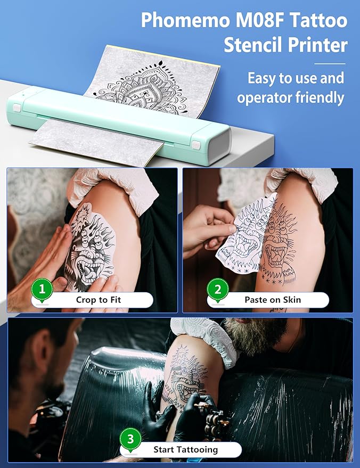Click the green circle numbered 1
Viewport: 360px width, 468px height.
(x=42, y=290)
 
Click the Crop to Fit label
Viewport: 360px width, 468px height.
(x=99, y=300)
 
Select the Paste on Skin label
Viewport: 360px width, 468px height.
(x=273, y=300)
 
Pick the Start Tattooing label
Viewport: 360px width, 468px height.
(x=185, y=449)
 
